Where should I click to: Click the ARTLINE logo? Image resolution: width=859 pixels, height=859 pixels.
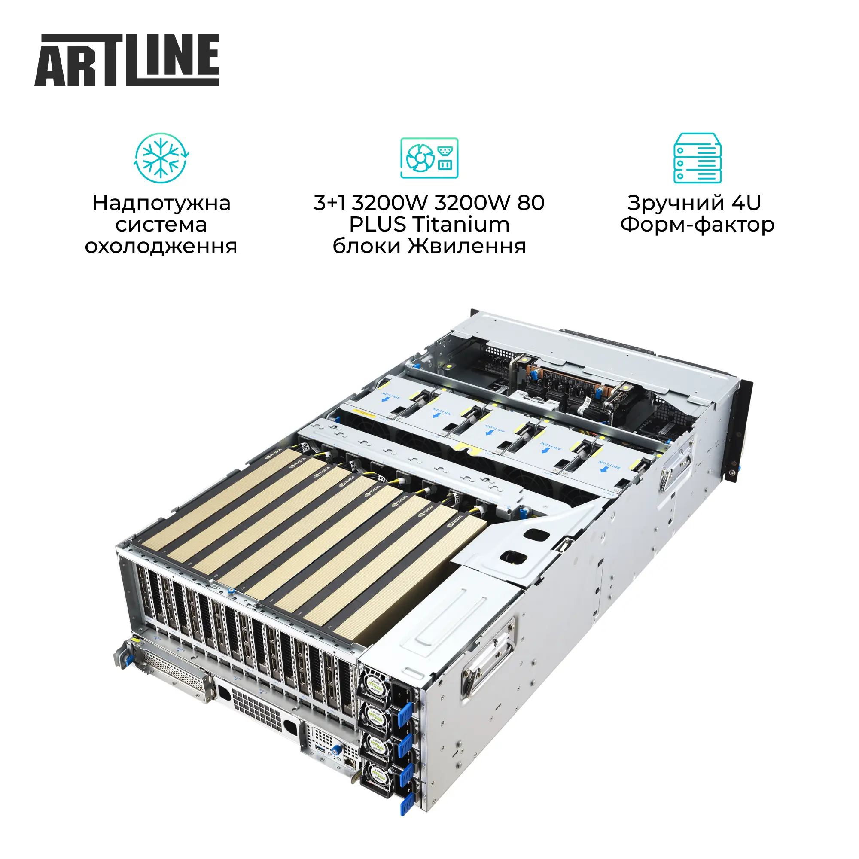(127, 60)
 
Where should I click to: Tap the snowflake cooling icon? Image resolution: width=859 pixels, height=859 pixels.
(161, 158)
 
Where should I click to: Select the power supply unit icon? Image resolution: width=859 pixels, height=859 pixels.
(429, 158)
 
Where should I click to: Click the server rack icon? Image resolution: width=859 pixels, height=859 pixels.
(697, 158)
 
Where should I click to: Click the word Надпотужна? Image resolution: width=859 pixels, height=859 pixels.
(161, 203)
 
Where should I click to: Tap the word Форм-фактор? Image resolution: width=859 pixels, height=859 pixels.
(697, 225)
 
